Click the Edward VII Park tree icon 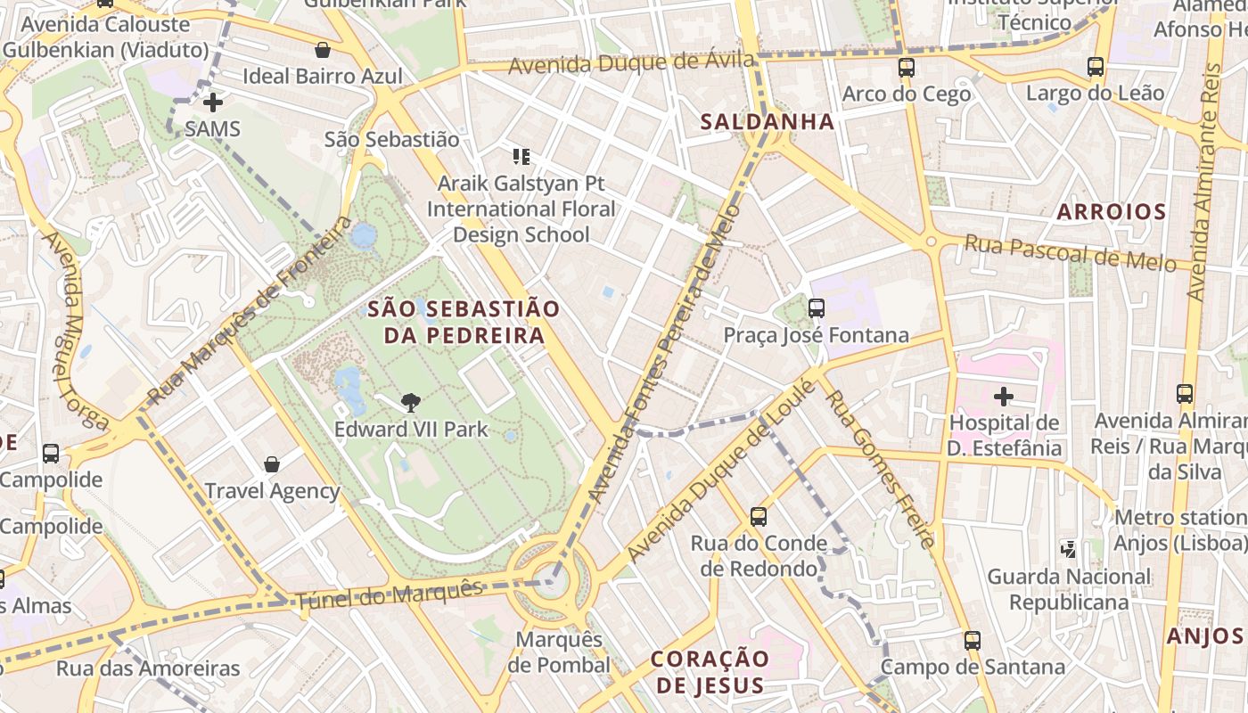[411, 403]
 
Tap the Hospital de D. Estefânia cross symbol [1004, 396]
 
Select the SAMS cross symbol [212, 102]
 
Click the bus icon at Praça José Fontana [816, 308]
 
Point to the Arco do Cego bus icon [906, 67]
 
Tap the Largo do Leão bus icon [1095, 67]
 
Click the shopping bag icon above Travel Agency [272, 464]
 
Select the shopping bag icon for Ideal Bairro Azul [323, 50]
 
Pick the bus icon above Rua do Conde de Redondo [758, 516]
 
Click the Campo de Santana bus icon [972, 640]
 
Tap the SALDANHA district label [767, 122]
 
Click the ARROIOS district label [1111, 212]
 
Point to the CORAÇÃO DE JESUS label [710, 672]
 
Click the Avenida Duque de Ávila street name [631, 64]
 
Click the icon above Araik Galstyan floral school [521, 158]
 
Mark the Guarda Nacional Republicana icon [1068, 550]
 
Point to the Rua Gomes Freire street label [880, 469]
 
